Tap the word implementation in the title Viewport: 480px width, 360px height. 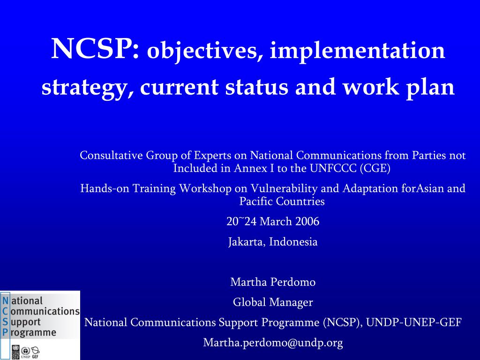coord(357,52)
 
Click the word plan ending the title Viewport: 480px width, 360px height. coord(430,88)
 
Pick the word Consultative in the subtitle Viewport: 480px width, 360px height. coord(112,155)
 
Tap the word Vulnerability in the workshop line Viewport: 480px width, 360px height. coord(284,188)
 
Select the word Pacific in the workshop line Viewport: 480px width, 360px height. coord(256,201)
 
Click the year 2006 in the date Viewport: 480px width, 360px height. coord(307,221)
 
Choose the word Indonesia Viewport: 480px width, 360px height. coord(293,241)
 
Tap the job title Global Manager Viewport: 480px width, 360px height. coord(273,302)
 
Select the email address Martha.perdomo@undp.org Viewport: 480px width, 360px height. coord(273,343)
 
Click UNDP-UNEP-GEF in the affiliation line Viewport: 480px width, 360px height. coord(413,322)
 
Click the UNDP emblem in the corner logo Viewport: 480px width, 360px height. coord(15,352)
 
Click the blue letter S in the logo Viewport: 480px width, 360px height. coord(5,322)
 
